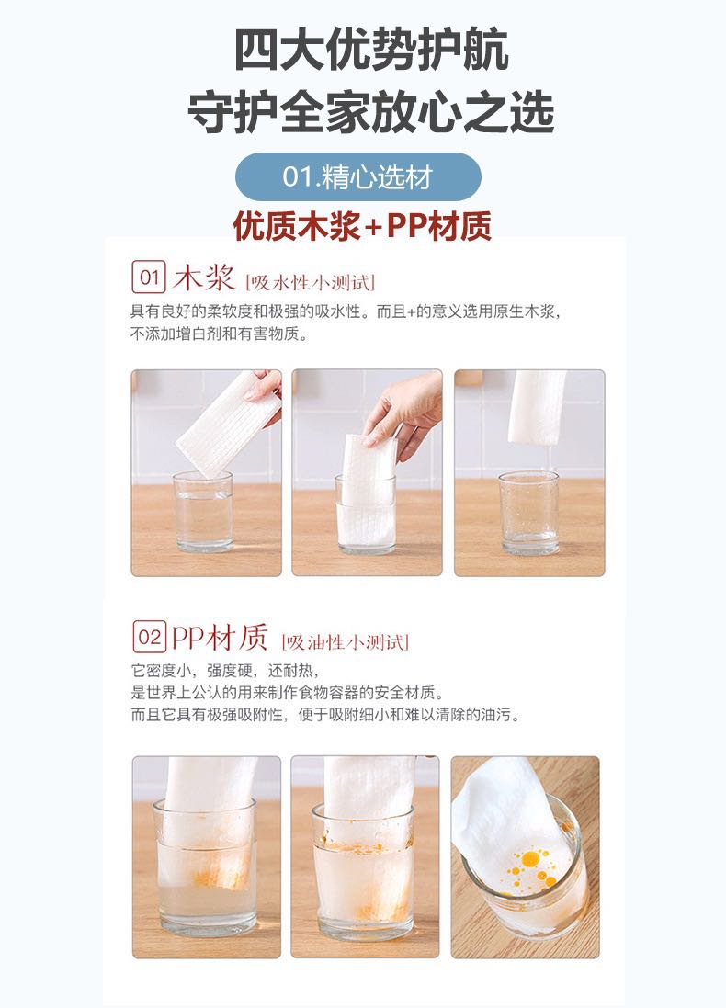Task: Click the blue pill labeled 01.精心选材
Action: (358, 176)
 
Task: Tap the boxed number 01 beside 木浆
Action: (149, 277)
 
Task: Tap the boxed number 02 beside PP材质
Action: (149, 637)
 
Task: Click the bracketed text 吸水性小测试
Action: (310, 282)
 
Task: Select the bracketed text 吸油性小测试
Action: (346, 641)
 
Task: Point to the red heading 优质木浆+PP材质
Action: (362, 226)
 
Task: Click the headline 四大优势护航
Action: (371, 50)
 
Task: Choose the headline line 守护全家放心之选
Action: (371, 112)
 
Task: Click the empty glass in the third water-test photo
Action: (529, 513)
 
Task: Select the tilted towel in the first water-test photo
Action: (228, 425)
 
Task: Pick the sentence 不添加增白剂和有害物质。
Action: (220, 334)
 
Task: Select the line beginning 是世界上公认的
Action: (288, 692)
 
